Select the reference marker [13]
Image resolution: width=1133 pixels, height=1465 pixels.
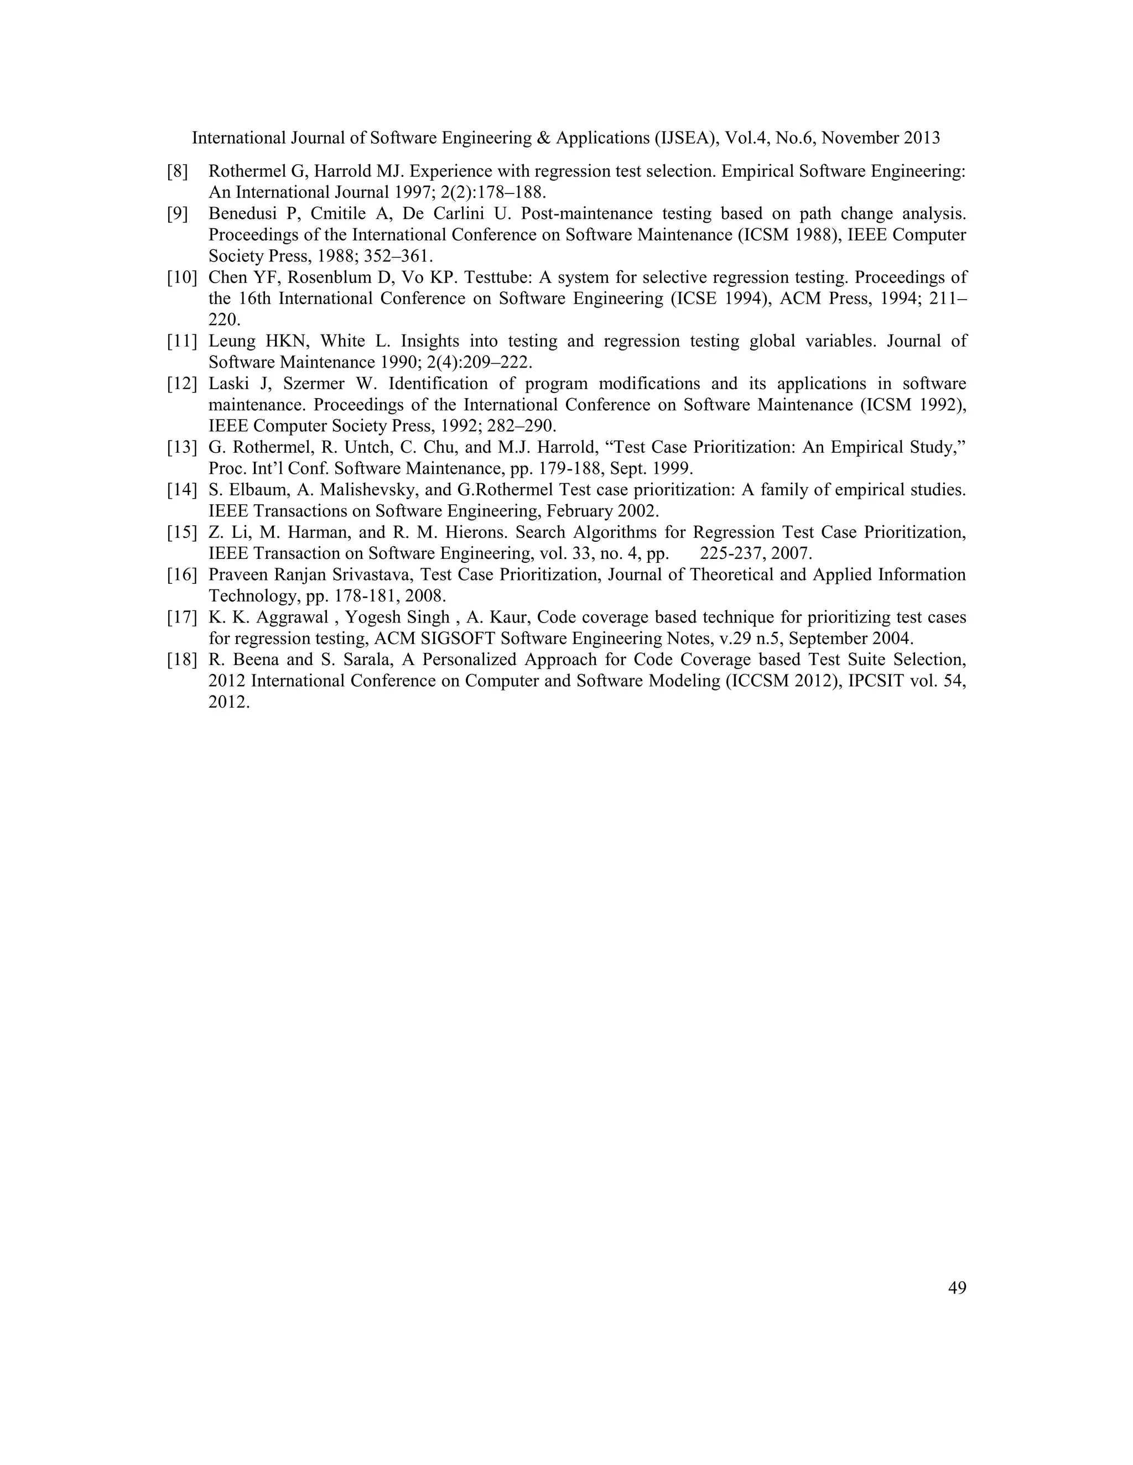click(182, 447)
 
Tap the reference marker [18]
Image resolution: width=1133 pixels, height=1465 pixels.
click(182, 660)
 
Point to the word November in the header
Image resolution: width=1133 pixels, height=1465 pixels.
click(860, 138)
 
